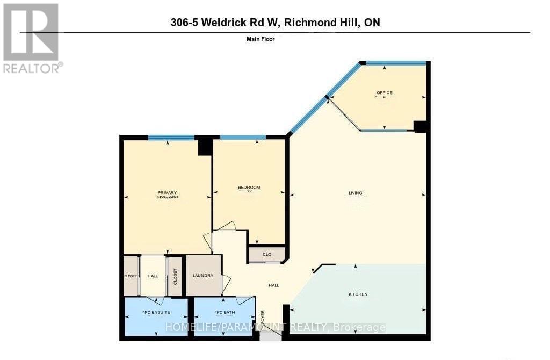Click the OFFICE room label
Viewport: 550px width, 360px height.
click(x=384, y=93)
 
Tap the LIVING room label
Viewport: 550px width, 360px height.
click(x=355, y=193)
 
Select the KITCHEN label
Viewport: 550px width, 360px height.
click(x=358, y=294)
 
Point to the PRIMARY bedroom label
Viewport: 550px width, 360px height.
click(x=167, y=193)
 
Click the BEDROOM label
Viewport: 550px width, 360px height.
click(x=249, y=187)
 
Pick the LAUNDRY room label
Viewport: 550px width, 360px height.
click(x=203, y=276)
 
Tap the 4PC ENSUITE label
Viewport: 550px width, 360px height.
click(x=156, y=313)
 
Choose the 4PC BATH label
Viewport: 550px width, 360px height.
click(x=225, y=313)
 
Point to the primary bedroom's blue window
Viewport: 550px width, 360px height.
click(x=171, y=138)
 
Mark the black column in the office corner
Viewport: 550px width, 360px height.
click(x=420, y=126)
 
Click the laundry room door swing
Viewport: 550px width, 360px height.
click(x=226, y=283)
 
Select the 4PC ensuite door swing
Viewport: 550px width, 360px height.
click(x=155, y=300)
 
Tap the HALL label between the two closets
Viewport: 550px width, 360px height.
click(x=153, y=276)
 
